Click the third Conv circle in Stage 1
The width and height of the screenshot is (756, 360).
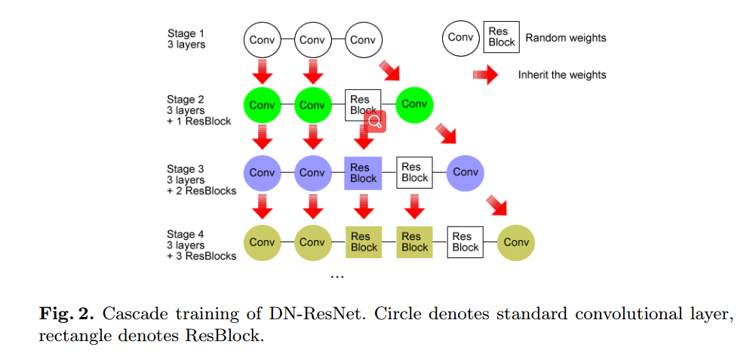(x=363, y=39)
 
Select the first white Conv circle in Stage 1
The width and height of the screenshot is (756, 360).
(x=262, y=39)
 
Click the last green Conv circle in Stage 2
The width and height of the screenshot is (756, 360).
(x=413, y=104)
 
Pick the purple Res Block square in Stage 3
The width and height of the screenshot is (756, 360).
(x=363, y=173)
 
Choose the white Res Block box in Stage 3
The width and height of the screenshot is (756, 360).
(x=414, y=173)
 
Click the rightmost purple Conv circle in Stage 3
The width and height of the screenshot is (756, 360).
(x=465, y=173)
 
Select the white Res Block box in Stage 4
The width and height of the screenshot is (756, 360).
(x=465, y=242)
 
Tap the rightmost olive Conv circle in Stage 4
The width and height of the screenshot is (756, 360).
(x=516, y=242)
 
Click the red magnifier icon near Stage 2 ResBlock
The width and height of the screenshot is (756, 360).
(x=375, y=122)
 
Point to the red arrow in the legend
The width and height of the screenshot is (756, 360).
(x=485, y=75)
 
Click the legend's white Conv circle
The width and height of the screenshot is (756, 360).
(x=460, y=37)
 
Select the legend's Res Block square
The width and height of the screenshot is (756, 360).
(x=501, y=37)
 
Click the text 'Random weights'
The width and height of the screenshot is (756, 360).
(x=565, y=38)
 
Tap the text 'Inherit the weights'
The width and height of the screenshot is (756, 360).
(x=561, y=75)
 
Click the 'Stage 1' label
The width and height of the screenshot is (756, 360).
(x=186, y=33)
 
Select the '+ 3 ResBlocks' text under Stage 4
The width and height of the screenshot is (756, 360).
(x=201, y=256)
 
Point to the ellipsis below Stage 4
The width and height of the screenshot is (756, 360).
(x=337, y=275)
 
